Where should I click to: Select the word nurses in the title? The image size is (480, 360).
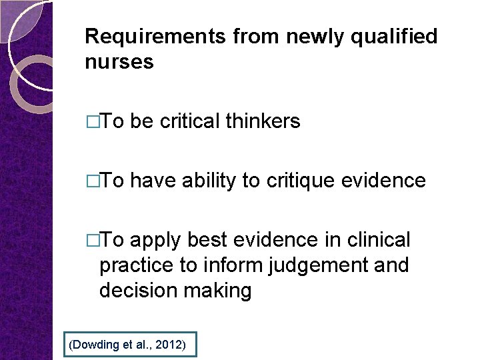coord(119,62)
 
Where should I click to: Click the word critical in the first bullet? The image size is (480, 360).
coord(189,121)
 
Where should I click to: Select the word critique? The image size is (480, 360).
coord(301,180)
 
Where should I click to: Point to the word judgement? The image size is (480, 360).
coord(316,265)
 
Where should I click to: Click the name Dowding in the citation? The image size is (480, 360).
coord(93,345)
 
